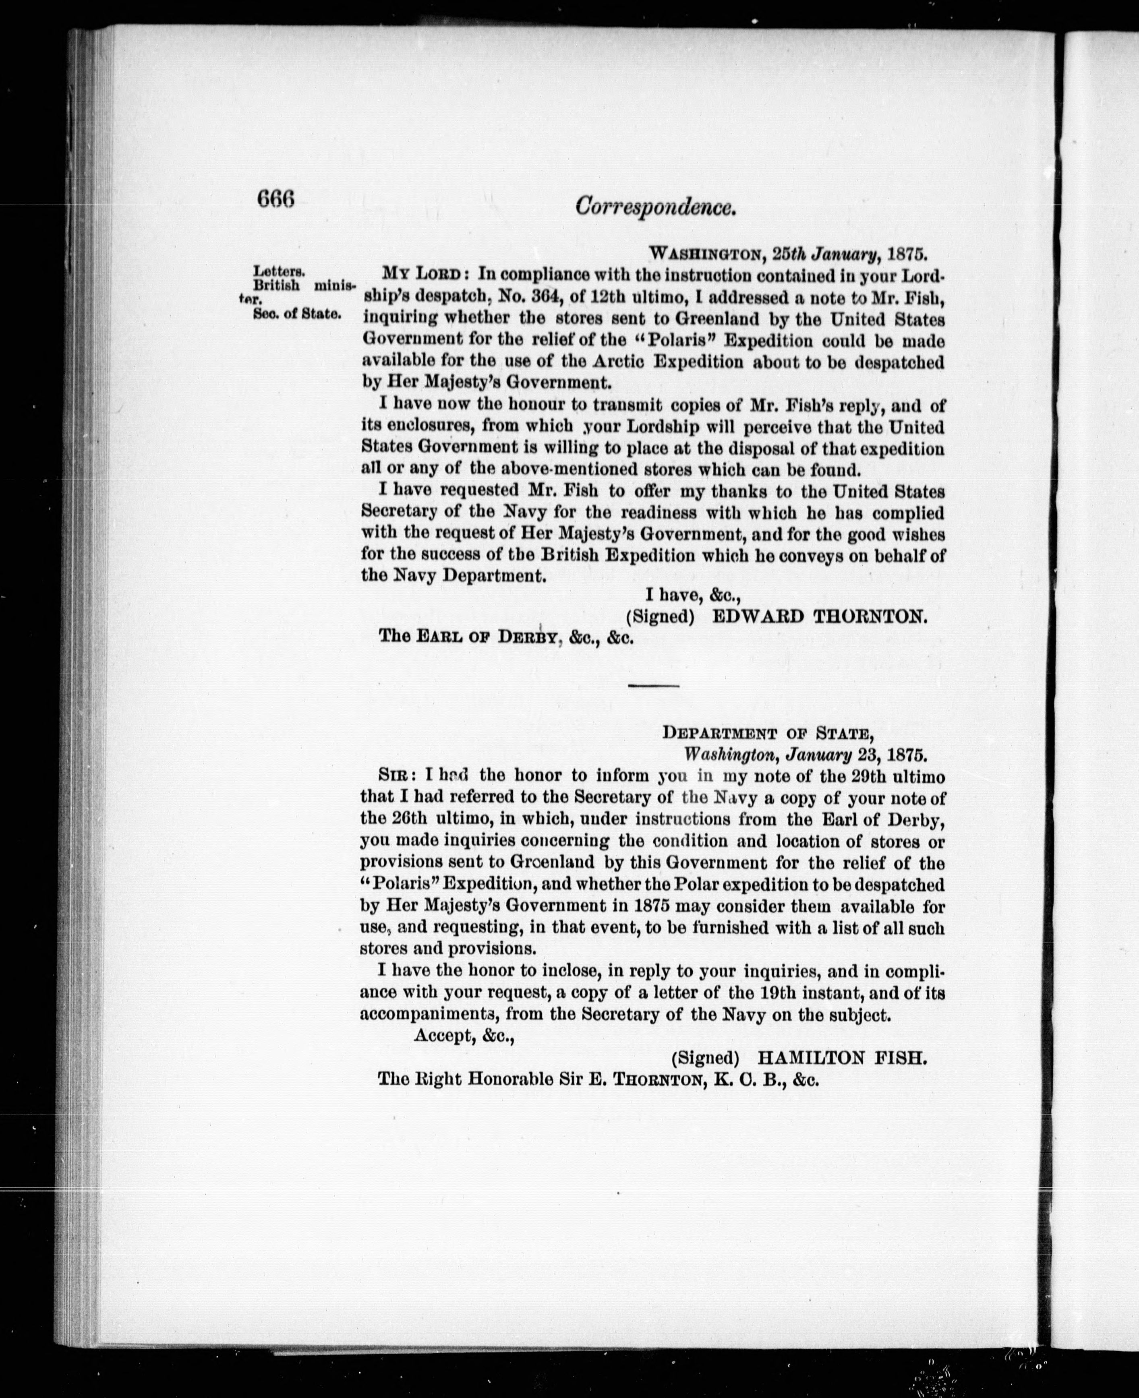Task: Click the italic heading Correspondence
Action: (654, 207)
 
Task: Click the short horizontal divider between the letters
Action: (654, 686)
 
